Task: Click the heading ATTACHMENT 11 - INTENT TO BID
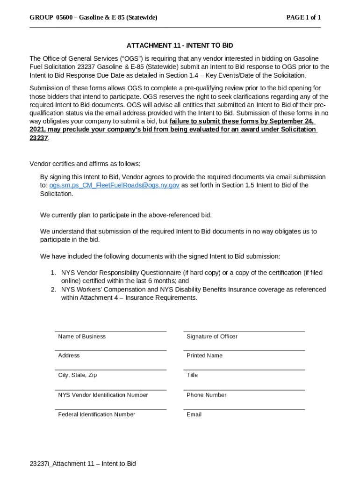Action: coord(180,45)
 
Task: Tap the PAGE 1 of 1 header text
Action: coord(303,18)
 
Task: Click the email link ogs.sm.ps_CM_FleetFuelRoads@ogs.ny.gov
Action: coord(114,185)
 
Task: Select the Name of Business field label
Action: coord(82,336)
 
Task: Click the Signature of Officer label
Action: coord(212,336)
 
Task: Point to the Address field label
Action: coord(69,356)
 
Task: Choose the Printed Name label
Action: coord(204,356)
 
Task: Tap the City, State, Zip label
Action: coord(78,375)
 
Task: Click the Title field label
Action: coord(192,375)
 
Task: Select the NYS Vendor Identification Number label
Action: coord(103,395)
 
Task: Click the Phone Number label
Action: coord(206,395)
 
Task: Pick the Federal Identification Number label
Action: coord(97,414)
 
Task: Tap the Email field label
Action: coord(194,414)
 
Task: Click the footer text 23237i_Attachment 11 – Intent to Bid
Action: coord(83,464)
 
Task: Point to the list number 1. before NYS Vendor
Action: coord(54,273)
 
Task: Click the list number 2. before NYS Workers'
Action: coord(54,290)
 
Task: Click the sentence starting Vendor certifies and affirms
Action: coord(85,164)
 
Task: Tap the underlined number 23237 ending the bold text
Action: coord(39,138)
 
